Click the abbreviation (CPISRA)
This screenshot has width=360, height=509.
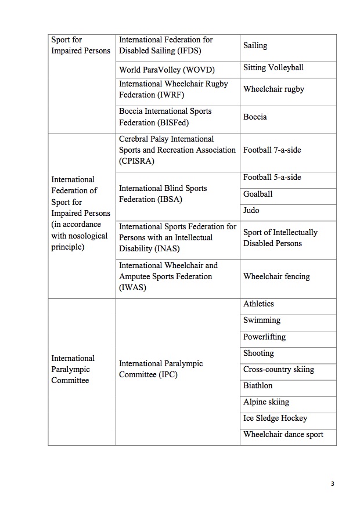[x=136, y=161]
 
